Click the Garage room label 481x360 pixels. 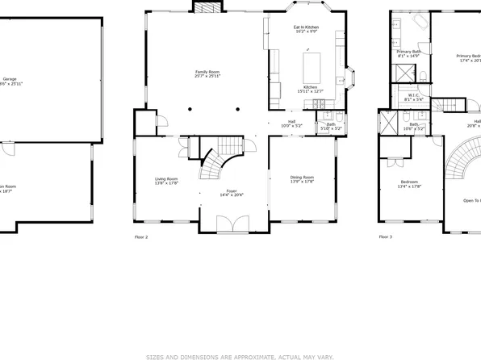(x=9, y=78)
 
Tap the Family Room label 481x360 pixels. (x=207, y=74)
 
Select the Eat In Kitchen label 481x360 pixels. (x=305, y=30)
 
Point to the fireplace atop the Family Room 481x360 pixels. (x=206, y=7)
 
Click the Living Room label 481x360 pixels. (x=166, y=181)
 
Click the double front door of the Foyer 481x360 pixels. (x=231, y=224)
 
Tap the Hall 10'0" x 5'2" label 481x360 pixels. (x=291, y=123)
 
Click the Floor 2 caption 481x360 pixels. (x=141, y=237)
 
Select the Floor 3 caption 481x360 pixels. (x=386, y=237)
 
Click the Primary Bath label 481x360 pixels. (x=410, y=53)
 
